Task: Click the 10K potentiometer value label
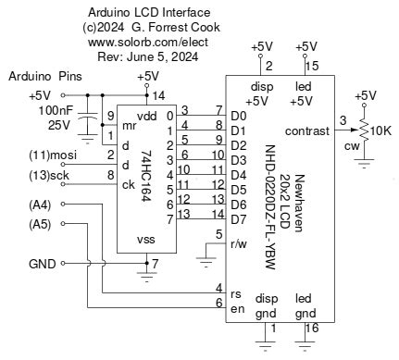click(380, 130)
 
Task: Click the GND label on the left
click(41, 264)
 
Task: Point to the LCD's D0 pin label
click(239, 116)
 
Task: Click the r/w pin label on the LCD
click(238, 245)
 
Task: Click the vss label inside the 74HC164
click(145, 240)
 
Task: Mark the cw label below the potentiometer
click(349, 145)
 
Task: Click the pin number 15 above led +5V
click(312, 66)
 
